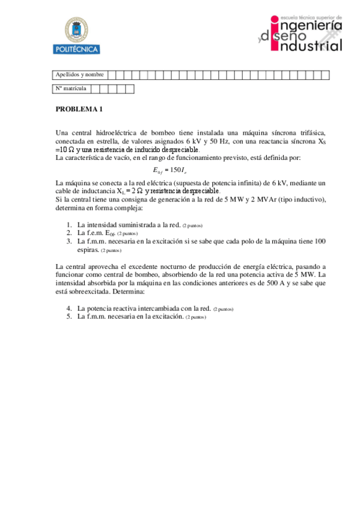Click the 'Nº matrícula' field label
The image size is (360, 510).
pos(71,89)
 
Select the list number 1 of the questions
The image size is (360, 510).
pos(69,225)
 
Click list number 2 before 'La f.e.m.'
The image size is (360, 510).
pos(69,233)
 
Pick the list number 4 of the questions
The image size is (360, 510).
pos(69,308)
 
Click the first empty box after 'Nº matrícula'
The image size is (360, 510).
pos(96,89)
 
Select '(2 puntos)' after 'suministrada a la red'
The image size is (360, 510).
pos(197,226)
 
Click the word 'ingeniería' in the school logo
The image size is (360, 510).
pos(307,27)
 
